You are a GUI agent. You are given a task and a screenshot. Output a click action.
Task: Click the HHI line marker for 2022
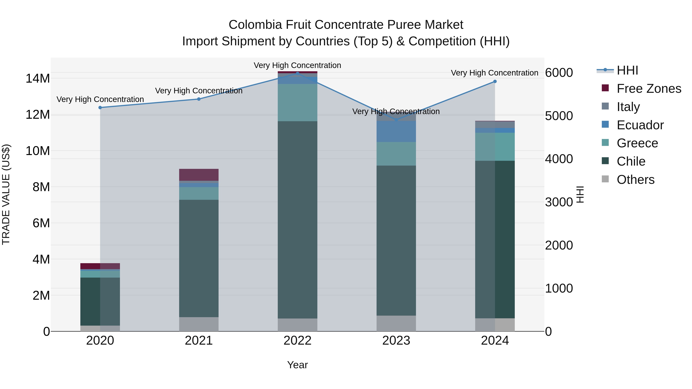click(x=297, y=73)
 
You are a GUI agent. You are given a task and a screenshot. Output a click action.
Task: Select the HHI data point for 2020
click(x=100, y=108)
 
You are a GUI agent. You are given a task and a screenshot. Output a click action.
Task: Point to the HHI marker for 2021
click(x=199, y=99)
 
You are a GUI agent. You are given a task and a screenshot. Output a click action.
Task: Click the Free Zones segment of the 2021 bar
click(x=199, y=175)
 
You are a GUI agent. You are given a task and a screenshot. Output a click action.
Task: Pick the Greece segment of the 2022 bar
click(x=297, y=103)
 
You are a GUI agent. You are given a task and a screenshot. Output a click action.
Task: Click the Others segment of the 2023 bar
click(x=396, y=323)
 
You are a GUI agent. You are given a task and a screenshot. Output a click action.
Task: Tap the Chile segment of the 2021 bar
click(x=199, y=258)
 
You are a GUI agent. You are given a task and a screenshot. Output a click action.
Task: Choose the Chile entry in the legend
click(x=631, y=161)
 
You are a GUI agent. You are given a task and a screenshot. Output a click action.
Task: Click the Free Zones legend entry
click(x=649, y=89)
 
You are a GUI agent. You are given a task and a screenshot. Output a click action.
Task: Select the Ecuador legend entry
click(x=640, y=125)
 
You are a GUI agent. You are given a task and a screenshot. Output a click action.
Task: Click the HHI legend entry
click(x=627, y=70)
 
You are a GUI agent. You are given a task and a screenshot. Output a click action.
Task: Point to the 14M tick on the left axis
click(x=38, y=79)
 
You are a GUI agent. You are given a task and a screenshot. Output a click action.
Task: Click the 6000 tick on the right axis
click(x=559, y=73)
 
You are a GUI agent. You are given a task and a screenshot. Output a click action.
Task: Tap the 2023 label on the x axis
click(x=396, y=341)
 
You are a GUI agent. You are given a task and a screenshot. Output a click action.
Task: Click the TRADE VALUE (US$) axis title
click(x=6, y=194)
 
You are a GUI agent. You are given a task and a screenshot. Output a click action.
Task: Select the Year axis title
click(x=297, y=365)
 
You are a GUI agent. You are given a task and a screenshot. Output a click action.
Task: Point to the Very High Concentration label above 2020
click(x=100, y=99)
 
